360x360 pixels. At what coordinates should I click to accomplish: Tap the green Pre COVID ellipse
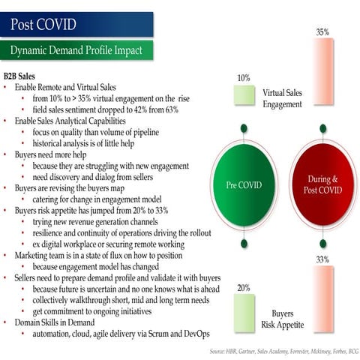(x=242, y=184)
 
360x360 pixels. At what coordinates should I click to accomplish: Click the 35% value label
(x=322, y=33)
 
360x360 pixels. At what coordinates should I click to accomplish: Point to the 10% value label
(x=243, y=77)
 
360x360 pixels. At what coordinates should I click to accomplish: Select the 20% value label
(x=243, y=287)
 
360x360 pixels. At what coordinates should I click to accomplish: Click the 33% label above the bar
(x=322, y=259)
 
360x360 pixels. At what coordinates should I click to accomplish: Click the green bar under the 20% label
(x=243, y=311)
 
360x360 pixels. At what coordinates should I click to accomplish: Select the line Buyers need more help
(x=52, y=153)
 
